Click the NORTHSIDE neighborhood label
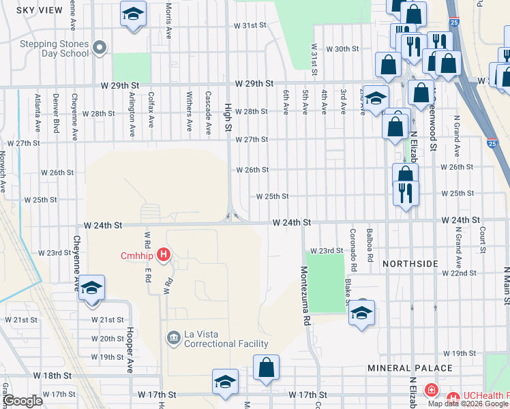tap(409, 263)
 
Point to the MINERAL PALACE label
tap(410, 368)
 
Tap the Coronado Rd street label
tap(353, 245)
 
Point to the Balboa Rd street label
tap(370, 245)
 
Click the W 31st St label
tap(249, 25)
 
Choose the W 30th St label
tap(342, 49)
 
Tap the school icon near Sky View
tap(133, 13)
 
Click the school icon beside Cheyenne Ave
tap(91, 288)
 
